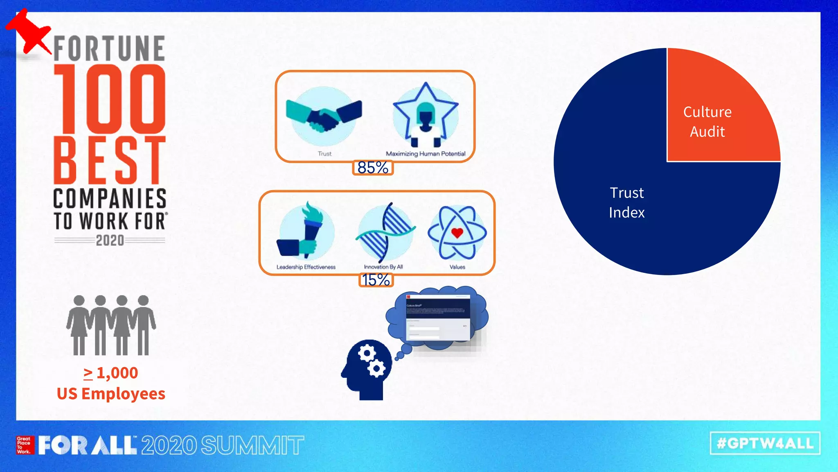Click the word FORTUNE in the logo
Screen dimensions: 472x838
(x=109, y=49)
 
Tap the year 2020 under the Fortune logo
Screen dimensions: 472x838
(x=110, y=241)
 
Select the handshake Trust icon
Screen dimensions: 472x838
(x=324, y=116)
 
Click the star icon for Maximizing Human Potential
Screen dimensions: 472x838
(x=426, y=115)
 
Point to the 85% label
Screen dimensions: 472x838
(x=373, y=168)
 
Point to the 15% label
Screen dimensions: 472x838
(x=376, y=280)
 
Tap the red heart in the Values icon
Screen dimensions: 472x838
(x=457, y=233)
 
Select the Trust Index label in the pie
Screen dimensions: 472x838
(x=626, y=202)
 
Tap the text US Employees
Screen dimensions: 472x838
(x=111, y=394)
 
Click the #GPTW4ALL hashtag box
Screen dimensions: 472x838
(x=765, y=443)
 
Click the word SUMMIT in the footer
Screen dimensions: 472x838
(x=252, y=445)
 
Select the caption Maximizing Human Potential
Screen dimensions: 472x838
(x=426, y=154)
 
